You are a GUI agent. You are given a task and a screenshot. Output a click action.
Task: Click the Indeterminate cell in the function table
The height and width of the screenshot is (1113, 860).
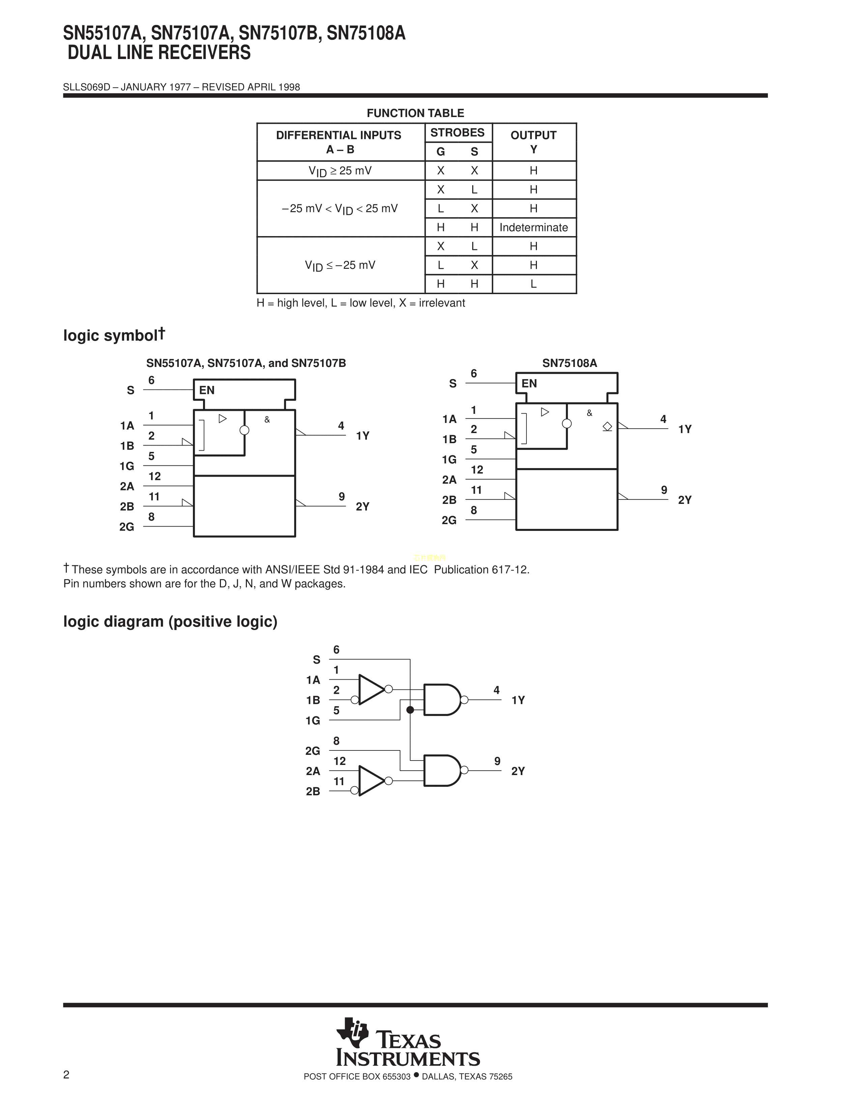(x=534, y=227)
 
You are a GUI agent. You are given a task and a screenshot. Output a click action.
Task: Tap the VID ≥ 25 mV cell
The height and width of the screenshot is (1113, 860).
(x=340, y=171)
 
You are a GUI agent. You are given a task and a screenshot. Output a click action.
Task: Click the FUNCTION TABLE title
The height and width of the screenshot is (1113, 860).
(x=415, y=113)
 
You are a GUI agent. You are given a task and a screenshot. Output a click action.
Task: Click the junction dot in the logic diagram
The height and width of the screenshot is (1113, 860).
(x=410, y=709)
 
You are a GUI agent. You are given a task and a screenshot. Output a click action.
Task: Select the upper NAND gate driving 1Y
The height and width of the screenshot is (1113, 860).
(x=441, y=700)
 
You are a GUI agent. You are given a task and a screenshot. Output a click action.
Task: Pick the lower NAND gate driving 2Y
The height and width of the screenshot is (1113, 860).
(x=441, y=771)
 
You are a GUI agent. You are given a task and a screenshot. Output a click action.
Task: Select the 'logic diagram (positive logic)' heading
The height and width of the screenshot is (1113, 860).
(x=170, y=622)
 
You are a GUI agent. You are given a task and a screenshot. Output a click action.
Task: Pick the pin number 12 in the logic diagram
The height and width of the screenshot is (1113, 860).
(x=339, y=761)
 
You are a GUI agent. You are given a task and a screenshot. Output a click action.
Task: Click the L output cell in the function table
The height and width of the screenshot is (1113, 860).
(x=534, y=284)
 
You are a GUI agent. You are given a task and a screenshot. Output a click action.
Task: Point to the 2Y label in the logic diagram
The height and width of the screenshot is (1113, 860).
(x=518, y=771)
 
